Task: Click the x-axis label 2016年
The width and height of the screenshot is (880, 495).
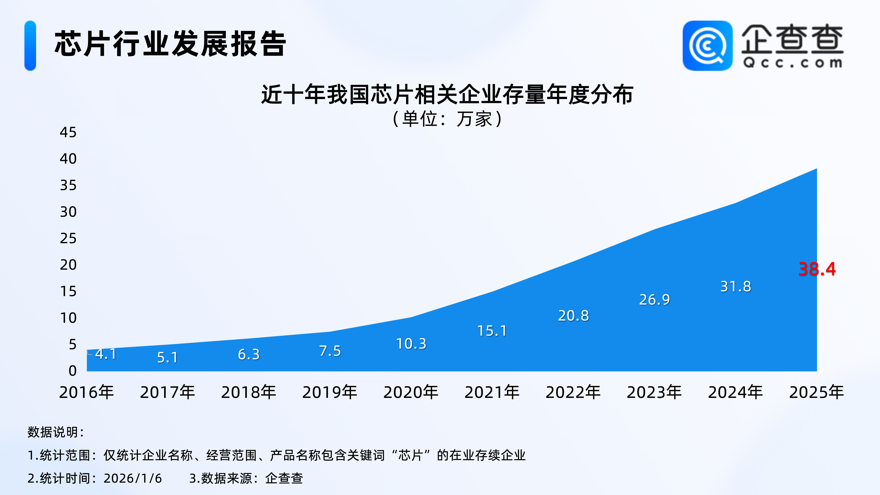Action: [x=86, y=392]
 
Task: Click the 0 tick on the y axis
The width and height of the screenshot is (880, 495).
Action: [x=72, y=371]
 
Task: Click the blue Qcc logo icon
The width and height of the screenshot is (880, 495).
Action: [x=707, y=46]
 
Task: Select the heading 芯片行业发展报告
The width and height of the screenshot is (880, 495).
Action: [x=170, y=43]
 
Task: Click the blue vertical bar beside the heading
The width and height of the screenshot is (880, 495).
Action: [x=30, y=46]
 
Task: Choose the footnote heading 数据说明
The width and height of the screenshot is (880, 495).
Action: [x=56, y=432]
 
